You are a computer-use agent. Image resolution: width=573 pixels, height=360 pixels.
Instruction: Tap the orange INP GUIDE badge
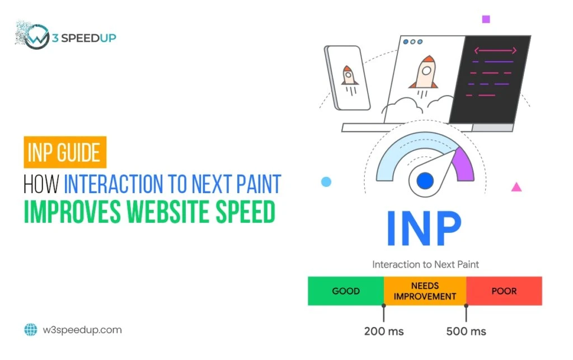[x=65, y=152]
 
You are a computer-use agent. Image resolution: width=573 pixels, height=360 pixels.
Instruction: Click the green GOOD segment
[x=345, y=291]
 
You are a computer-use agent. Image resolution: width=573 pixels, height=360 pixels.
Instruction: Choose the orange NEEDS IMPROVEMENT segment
[x=425, y=291]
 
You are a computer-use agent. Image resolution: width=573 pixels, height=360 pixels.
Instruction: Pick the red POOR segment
[x=504, y=291]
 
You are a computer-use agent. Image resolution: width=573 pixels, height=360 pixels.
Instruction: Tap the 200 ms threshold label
[x=384, y=331]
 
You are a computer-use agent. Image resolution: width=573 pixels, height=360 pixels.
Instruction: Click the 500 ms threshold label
[x=466, y=331]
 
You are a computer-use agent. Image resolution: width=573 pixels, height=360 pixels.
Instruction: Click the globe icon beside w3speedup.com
[x=30, y=330]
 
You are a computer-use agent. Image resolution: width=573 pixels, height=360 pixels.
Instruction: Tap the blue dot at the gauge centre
[x=425, y=180]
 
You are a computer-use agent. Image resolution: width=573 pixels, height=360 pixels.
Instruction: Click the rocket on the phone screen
[x=350, y=76]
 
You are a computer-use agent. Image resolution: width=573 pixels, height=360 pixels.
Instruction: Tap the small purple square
[x=486, y=19]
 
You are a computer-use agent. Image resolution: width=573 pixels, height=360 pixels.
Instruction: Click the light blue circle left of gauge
[x=326, y=182]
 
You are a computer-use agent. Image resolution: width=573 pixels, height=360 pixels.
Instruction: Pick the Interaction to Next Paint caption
[x=425, y=264]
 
